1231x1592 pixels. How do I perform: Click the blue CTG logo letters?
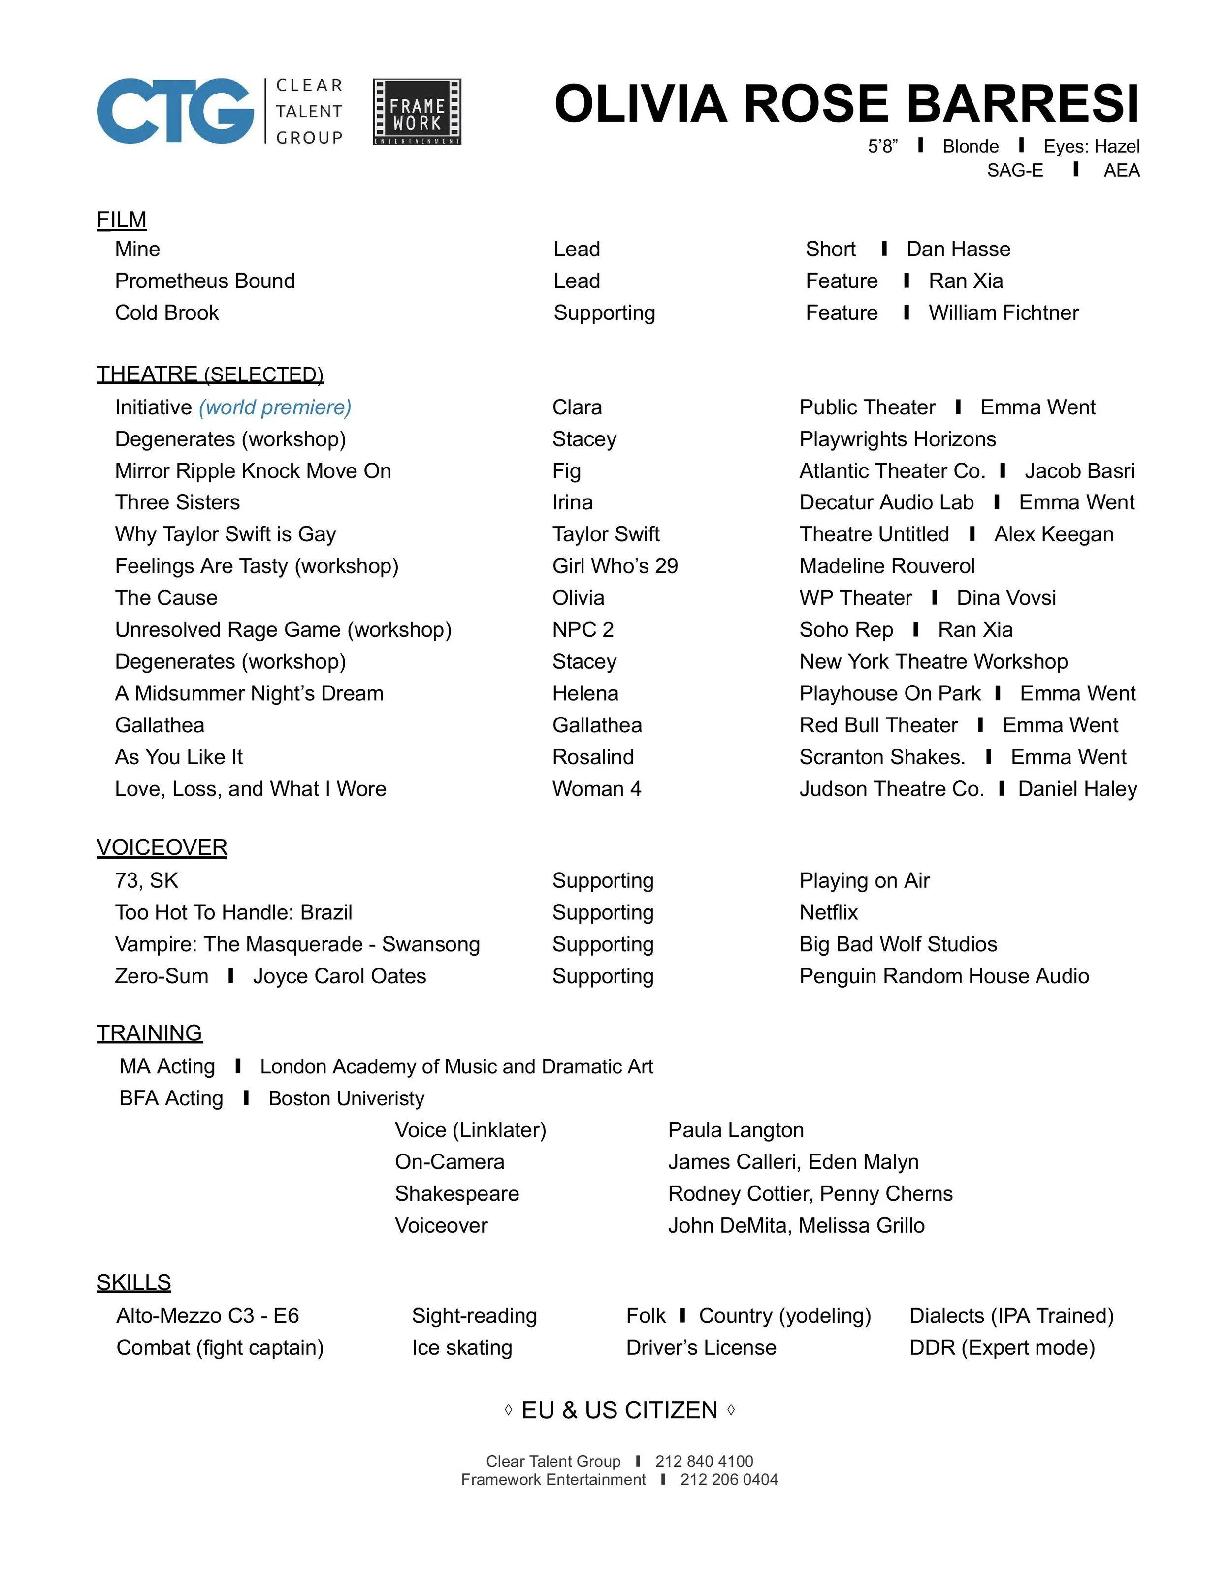click(175, 112)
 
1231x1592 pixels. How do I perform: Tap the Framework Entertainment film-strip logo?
click(417, 112)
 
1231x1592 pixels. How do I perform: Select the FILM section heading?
click(122, 219)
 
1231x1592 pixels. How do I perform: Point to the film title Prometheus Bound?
click(205, 281)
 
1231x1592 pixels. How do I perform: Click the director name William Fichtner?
click(1004, 312)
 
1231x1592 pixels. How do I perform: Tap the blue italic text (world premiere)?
click(275, 407)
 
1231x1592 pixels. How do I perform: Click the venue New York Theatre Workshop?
click(934, 662)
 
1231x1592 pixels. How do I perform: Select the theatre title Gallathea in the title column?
click(160, 725)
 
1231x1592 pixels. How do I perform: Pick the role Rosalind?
click(593, 757)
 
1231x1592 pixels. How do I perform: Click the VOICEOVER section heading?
click(162, 848)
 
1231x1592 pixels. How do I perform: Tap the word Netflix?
click(828, 912)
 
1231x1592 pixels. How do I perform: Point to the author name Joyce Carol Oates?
click(339, 976)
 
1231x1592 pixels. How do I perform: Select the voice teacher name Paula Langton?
click(736, 1130)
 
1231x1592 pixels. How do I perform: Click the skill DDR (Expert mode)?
click(1002, 1348)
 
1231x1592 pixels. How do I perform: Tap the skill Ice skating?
click(462, 1348)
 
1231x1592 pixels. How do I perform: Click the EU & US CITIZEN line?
click(619, 1410)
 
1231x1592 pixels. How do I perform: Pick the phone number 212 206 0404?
click(729, 1480)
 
